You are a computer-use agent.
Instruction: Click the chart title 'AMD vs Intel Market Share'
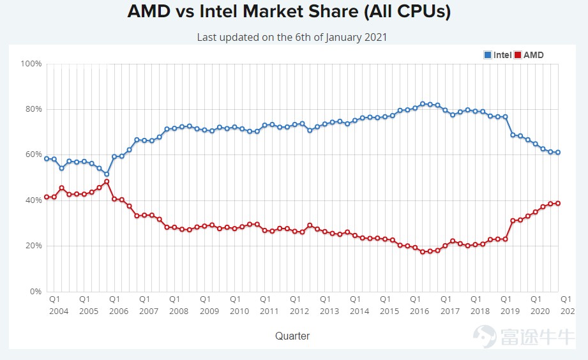coord(289,12)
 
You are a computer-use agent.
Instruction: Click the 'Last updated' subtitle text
coord(292,37)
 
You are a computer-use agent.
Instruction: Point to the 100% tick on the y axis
coord(31,64)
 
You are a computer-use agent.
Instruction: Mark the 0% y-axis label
coord(35,292)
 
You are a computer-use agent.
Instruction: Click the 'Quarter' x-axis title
coord(292,336)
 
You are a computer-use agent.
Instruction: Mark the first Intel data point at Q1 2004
coord(47,158)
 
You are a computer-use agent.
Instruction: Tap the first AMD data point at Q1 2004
coord(47,197)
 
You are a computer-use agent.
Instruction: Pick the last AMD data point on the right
coord(558,203)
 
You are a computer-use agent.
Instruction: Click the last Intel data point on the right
coord(558,152)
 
